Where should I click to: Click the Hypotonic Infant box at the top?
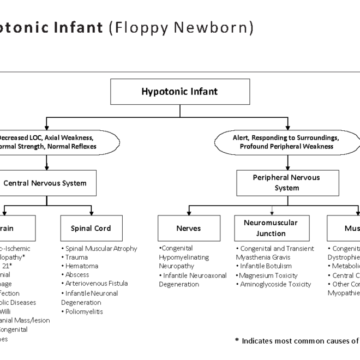click(x=179, y=92)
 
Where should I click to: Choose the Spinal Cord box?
click(x=91, y=229)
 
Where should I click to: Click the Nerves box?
click(x=189, y=229)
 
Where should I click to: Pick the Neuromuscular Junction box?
click(x=271, y=228)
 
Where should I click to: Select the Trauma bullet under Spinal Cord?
click(x=77, y=257)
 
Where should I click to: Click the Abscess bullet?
click(x=77, y=275)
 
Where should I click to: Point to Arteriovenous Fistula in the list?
click(x=97, y=284)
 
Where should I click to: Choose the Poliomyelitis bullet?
click(x=83, y=312)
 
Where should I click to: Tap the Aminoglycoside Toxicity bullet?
click(x=274, y=284)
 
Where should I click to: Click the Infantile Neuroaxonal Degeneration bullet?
click(x=193, y=280)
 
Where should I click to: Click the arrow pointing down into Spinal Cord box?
click(x=91, y=212)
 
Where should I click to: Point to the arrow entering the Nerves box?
click(x=189, y=212)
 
